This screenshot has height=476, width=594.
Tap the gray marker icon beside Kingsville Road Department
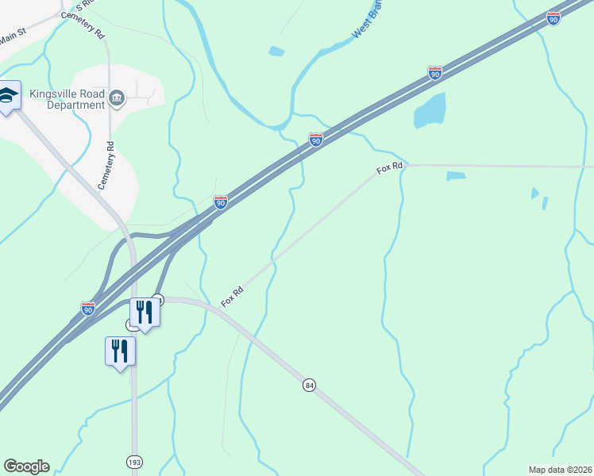(x=117, y=98)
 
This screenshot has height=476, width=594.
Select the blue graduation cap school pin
(x=8, y=98)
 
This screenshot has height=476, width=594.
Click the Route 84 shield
(x=309, y=385)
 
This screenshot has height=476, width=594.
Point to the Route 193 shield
(x=134, y=461)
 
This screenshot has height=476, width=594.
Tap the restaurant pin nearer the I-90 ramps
(x=144, y=312)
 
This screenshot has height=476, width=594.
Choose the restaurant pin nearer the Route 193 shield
(x=120, y=351)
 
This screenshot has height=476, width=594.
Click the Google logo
(x=26, y=466)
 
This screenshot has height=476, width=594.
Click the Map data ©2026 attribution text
(x=560, y=470)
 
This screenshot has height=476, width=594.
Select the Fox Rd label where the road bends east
(x=390, y=168)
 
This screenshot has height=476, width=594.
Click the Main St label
(x=13, y=36)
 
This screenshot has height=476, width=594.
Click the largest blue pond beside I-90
(x=430, y=110)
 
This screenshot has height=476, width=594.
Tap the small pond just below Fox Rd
(x=456, y=175)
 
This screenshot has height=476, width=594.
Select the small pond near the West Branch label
(x=276, y=52)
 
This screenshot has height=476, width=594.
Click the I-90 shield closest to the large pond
(x=434, y=73)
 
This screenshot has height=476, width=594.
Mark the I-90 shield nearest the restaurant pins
(x=88, y=307)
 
